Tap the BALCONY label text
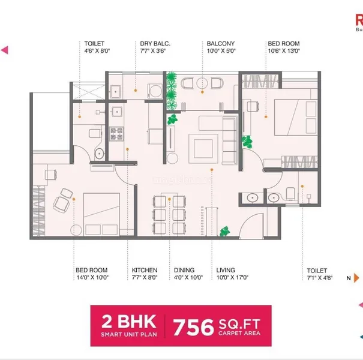click(x=220, y=44)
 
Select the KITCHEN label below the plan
click(x=145, y=270)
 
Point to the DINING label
click(x=184, y=270)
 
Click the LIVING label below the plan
click(x=226, y=270)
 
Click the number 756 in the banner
click(x=194, y=328)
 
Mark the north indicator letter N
click(x=348, y=278)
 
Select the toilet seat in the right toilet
click(x=292, y=193)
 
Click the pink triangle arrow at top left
click(x=4, y=50)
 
